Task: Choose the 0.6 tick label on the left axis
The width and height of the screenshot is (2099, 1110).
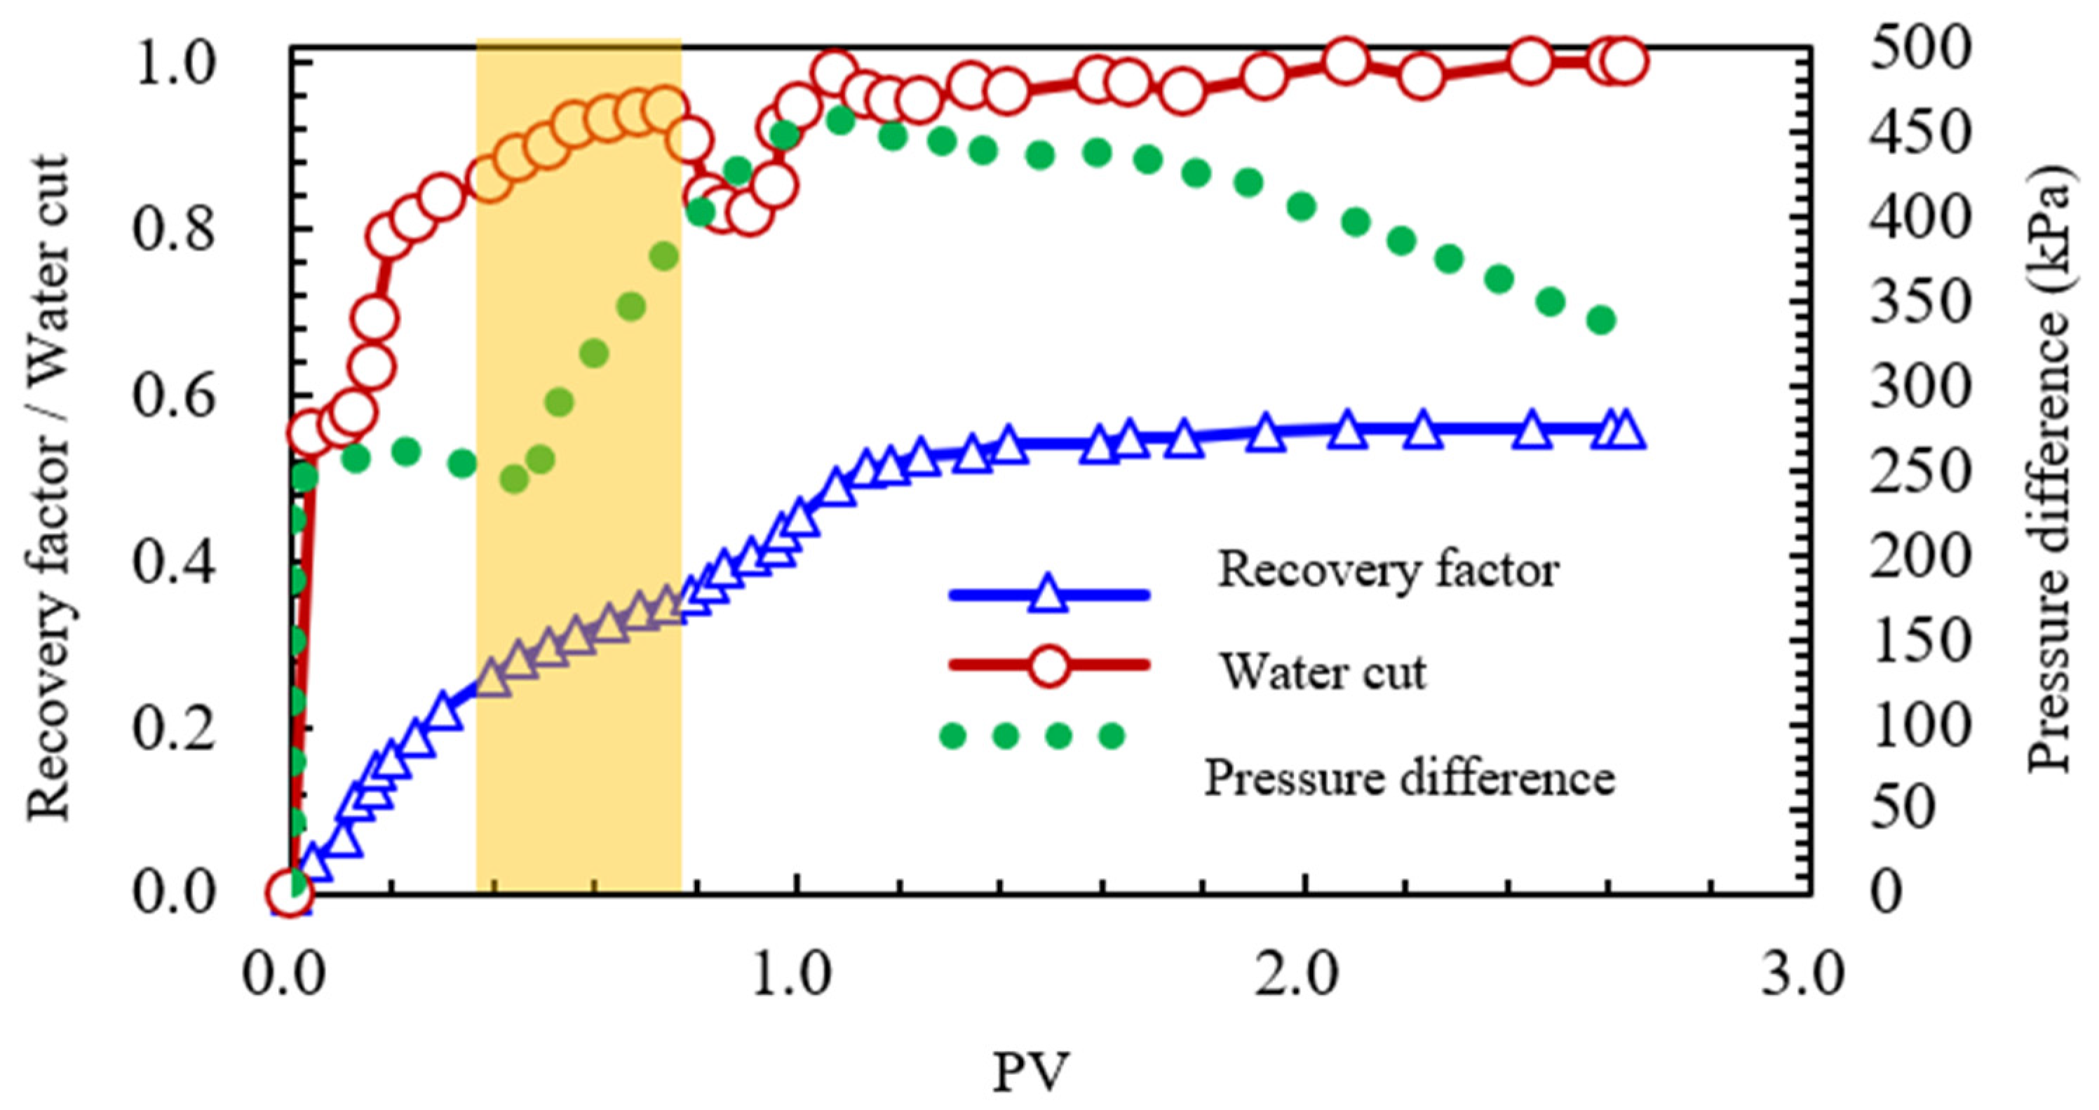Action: point(175,397)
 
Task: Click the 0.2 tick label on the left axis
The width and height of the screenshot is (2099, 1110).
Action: point(175,728)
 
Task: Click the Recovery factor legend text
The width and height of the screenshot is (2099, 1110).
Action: point(1388,569)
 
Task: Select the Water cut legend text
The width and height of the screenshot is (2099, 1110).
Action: point(1323,672)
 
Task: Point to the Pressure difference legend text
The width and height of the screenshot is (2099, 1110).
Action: point(1409,778)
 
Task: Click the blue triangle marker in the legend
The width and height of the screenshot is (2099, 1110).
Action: point(1048,594)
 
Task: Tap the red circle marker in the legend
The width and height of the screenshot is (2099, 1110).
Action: point(1048,665)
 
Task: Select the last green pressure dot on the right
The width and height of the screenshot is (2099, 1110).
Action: point(1602,320)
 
